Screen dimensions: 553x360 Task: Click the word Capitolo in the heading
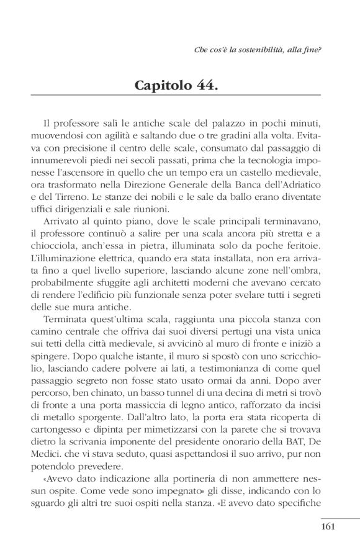(x=165, y=84)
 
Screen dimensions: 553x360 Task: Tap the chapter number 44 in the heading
(x=207, y=84)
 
